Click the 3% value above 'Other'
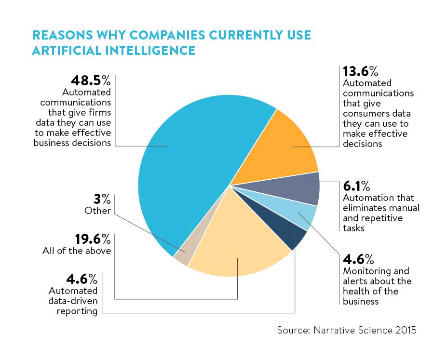[103, 199]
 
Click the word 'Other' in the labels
[98, 211]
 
